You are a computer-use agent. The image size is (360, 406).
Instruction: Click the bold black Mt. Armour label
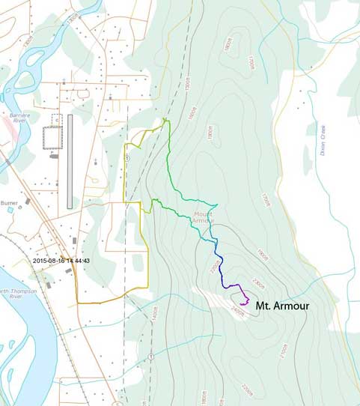click(x=282, y=306)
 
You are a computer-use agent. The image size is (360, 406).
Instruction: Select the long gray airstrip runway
click(x=70, y=161)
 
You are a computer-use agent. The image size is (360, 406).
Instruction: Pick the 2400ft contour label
click(x=238, y=313)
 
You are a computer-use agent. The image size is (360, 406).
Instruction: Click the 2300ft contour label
click(x=259, y=282)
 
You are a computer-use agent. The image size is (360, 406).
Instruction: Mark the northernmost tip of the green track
click(x=165, y=119)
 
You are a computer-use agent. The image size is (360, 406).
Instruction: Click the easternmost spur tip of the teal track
click(x=217, y=204)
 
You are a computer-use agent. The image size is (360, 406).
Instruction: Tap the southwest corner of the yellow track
click(x=76, y=303)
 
